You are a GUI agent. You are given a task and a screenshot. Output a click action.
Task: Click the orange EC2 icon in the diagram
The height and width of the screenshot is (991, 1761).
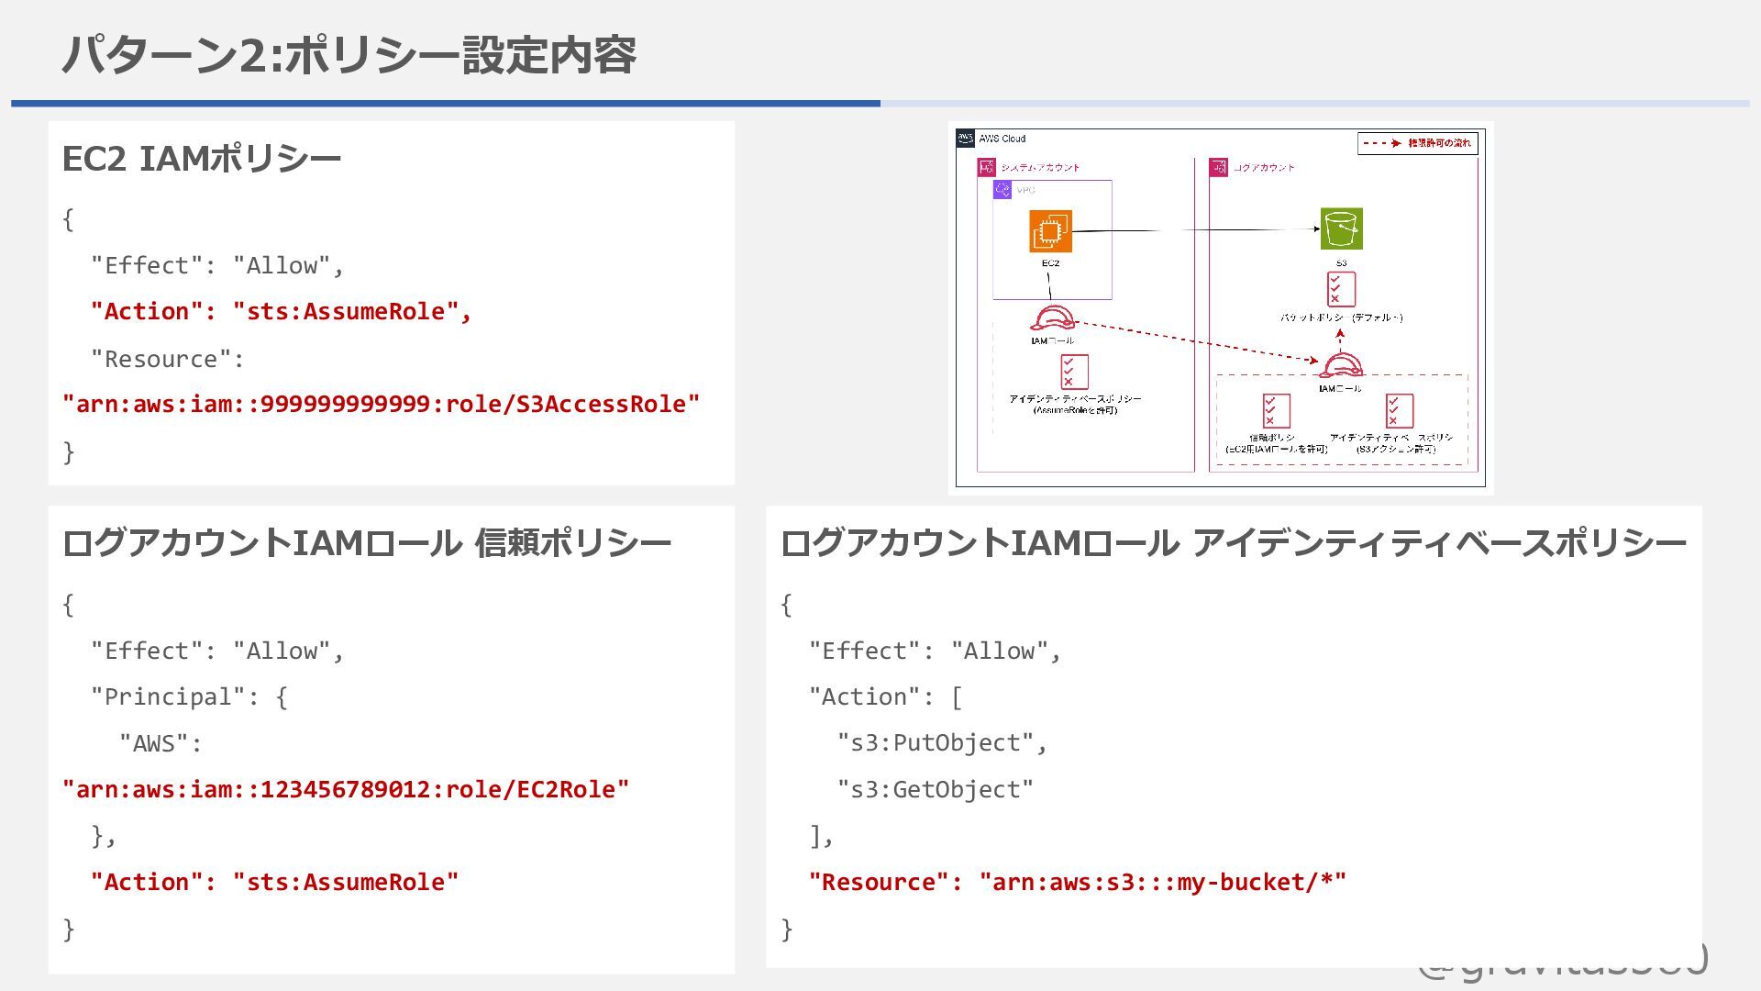coord(1050,231)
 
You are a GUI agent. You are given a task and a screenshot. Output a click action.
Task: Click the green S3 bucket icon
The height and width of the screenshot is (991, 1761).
coord(1341,228)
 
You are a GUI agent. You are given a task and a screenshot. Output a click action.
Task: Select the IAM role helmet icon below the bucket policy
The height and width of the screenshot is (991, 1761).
coord(1340,366)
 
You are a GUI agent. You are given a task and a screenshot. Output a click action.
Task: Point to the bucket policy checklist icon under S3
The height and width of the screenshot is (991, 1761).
coord(1341,289)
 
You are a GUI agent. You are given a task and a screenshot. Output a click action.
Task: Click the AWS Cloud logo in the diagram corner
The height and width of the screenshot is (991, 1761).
coord(965,139)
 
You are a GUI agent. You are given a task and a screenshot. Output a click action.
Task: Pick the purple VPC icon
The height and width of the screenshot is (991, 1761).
coord(1002,190)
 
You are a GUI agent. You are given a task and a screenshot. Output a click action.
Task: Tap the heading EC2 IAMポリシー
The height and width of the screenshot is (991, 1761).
coord(201,159)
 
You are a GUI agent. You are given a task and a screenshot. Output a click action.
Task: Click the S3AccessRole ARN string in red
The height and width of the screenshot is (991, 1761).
coord(381,405)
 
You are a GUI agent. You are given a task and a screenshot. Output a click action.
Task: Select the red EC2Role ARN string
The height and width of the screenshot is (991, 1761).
coord(346,790)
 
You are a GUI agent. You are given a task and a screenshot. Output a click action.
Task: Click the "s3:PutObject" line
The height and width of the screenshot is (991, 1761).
coord(942,742)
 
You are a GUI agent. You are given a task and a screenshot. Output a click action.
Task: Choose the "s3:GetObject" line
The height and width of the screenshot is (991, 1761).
coord(935,789)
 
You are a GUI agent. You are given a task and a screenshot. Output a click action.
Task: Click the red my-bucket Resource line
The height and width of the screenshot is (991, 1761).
coord(1078,882)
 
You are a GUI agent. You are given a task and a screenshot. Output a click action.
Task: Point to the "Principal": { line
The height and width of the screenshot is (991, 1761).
coord(189,696)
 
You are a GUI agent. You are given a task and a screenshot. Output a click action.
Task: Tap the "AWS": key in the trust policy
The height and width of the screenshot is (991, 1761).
coord(161,743)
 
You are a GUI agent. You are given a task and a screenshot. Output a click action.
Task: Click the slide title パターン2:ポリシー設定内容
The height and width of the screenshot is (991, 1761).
coord(349,55)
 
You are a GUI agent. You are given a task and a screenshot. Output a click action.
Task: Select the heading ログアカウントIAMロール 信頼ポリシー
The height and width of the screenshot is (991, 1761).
coord(367,543)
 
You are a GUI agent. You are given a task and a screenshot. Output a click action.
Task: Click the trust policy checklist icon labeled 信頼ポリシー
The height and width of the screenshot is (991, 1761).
coord(1276,410)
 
